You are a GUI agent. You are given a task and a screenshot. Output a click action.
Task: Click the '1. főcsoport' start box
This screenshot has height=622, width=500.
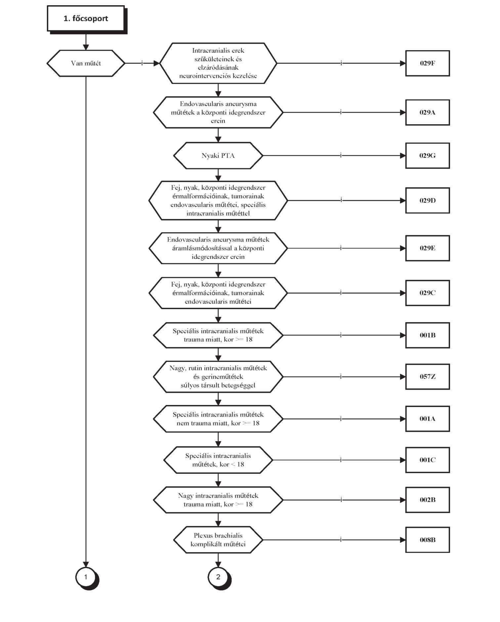[86, 19]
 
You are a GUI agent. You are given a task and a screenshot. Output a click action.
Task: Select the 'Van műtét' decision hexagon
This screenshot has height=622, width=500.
[86, 63]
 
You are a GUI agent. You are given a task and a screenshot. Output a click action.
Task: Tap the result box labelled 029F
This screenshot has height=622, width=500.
[428, 63]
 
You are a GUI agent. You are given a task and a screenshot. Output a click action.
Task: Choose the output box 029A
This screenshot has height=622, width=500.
[428, 112]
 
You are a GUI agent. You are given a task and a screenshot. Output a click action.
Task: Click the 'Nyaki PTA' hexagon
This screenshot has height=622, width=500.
[218, 156]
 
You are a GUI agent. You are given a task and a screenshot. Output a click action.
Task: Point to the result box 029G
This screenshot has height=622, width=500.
[428, 156]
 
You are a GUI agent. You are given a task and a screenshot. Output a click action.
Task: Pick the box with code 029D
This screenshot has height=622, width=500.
[428, 200]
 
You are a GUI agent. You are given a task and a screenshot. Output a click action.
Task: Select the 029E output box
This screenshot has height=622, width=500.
[428, 248]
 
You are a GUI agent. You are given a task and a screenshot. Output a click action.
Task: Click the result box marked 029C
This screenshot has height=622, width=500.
[428, 293]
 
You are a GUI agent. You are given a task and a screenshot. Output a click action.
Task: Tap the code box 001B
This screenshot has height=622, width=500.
[428, 335]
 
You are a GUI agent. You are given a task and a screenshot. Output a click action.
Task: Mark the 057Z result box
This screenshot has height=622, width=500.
[428, 377]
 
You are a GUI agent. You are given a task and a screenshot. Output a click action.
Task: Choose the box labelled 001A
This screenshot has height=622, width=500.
[428, 419]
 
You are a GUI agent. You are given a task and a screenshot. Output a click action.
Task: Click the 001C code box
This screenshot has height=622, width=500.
[428, 460]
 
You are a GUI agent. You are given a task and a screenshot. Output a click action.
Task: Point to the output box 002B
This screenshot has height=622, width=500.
[428, 500]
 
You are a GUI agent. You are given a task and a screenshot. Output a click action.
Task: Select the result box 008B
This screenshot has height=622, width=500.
[428, 540]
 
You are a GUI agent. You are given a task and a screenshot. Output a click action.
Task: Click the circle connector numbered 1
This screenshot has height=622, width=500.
[86, 577]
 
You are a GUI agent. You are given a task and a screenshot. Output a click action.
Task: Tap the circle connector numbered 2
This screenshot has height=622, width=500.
[218, 577]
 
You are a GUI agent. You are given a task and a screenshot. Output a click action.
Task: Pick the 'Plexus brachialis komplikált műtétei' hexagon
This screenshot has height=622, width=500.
[218, 540]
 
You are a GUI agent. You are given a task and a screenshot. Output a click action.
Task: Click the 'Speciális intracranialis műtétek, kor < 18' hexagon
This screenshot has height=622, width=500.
[218, 460]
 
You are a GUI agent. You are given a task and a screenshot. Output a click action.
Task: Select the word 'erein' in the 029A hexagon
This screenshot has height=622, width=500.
[218, 121]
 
